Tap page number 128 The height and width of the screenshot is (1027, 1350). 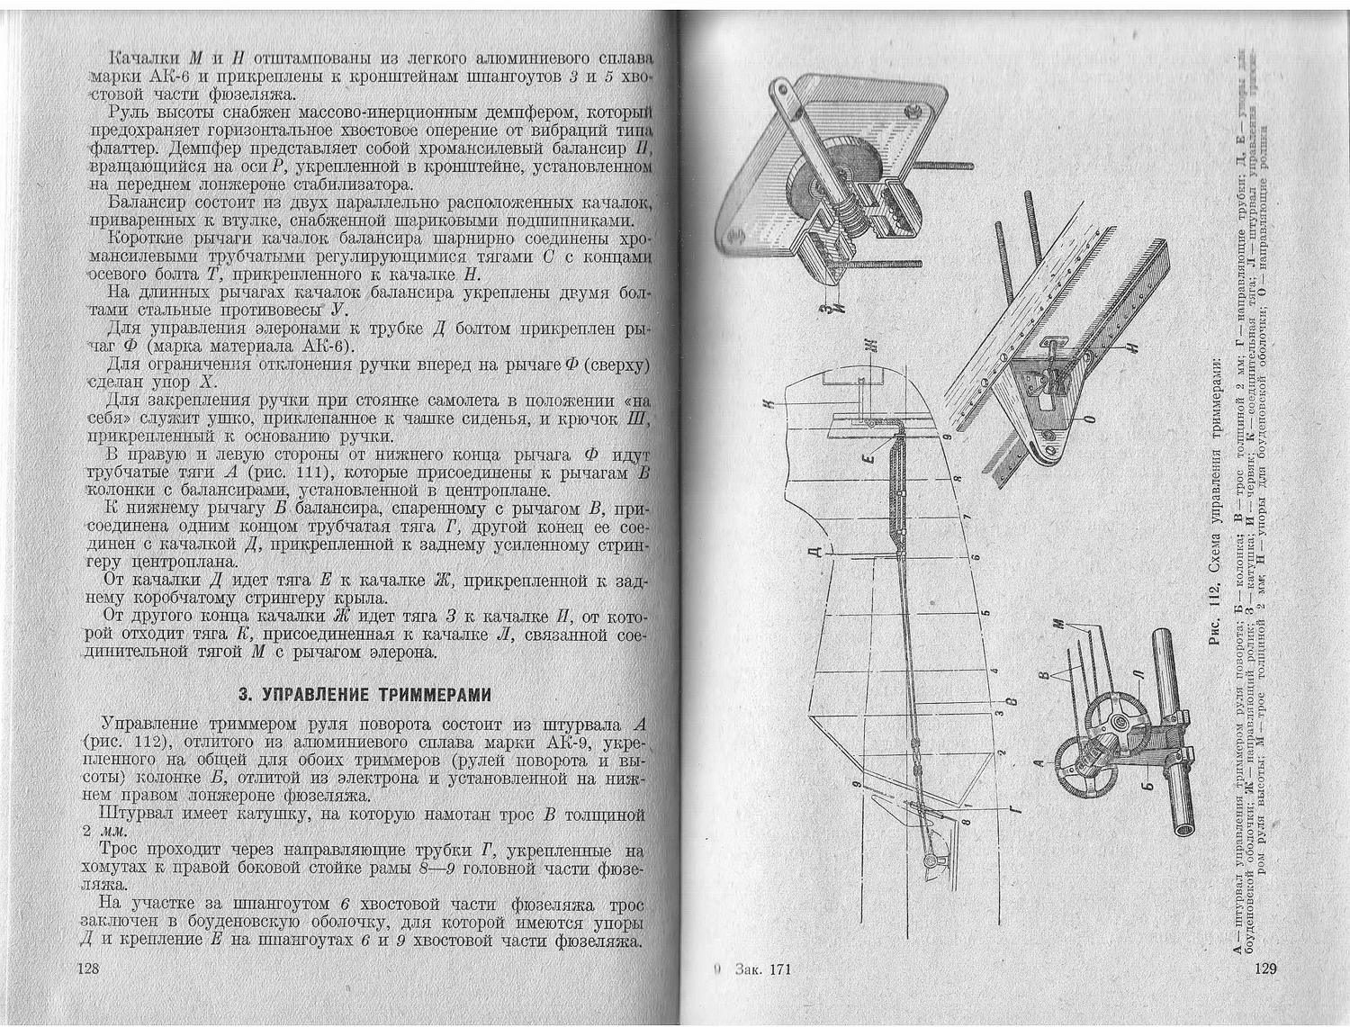pos(86,969)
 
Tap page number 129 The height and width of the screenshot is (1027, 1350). pos(1265,969)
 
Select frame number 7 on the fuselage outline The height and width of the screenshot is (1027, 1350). pos(963,519)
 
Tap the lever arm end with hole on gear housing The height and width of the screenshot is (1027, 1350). pos(780,91)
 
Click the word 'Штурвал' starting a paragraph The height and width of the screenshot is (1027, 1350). pos(136,815)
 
